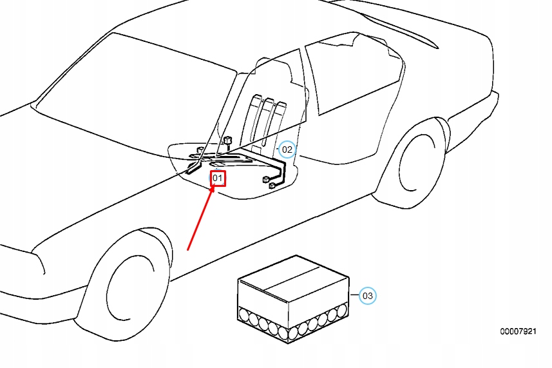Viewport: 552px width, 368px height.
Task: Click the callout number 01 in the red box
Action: (x=218, y=178)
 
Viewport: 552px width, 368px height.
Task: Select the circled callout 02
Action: (x=287, y=150)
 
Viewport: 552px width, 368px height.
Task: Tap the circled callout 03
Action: (x=367, y=296)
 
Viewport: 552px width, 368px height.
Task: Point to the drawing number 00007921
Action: (x=518, y=331)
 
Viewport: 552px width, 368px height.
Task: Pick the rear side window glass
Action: (x=351, y=71)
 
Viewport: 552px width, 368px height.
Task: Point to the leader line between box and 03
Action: (x=354, y=296)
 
